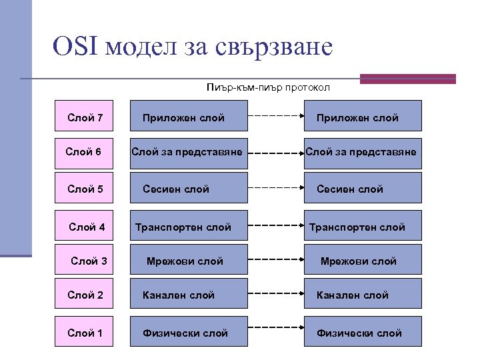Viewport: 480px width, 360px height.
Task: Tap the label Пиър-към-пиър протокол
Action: click(x=268, y=87)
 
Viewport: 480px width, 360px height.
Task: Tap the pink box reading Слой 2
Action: click(x=85, y=295)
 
